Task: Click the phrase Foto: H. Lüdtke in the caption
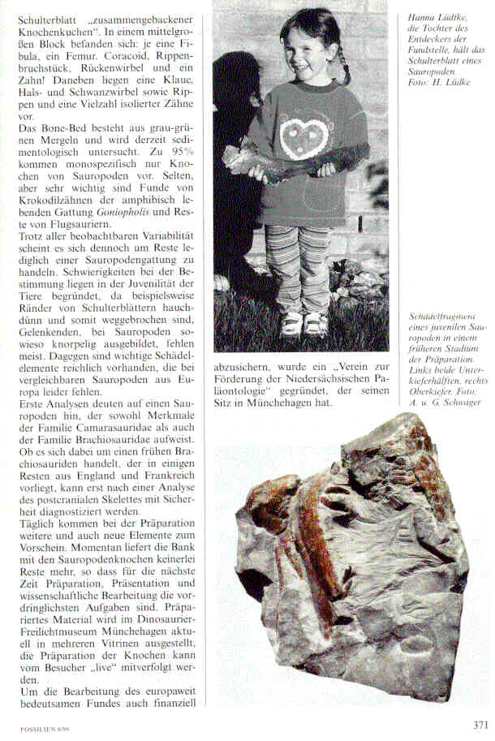[441, 82]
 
